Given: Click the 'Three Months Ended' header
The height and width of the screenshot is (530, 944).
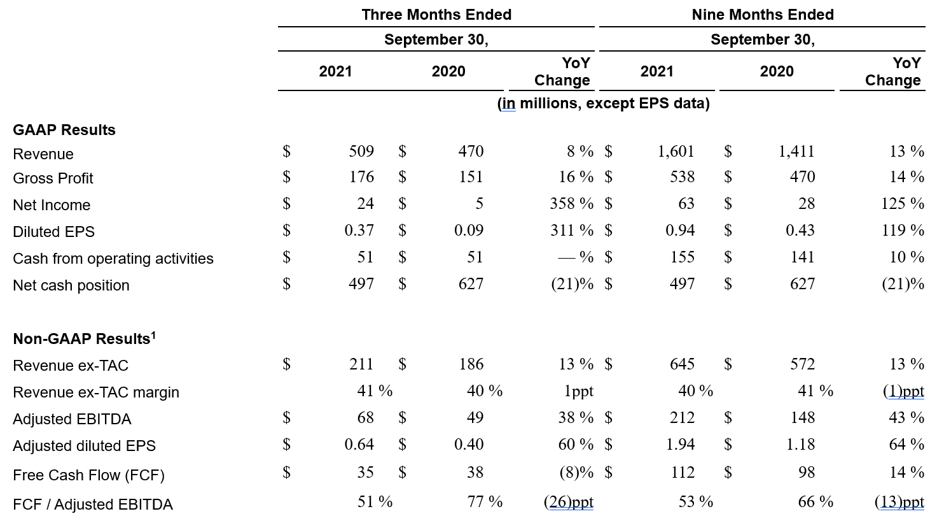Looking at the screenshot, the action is pyautogui.click(x=436, y=15).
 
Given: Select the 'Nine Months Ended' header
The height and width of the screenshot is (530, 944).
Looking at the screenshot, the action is pyautogui.click(x=762, y=15).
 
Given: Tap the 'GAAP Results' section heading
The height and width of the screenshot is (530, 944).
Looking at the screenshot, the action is pyautogui.click(x=64, y=130).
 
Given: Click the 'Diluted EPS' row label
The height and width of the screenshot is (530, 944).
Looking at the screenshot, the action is pyautogui.click(x=54, y=232).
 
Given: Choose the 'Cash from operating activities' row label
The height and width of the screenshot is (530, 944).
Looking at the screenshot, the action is pyautogui.click(x=113, y=259).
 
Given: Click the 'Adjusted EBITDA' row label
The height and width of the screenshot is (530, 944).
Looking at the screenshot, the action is pyautogui.click(x=72, y=419).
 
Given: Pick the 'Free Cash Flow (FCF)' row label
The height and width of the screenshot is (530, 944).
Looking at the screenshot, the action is pyautogui.click(x=89, y=475).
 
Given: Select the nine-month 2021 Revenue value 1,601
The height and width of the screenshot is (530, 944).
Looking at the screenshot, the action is pyautogui.click(x=676, y=151).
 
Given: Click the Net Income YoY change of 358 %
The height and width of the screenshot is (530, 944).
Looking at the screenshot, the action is pyautogui.click(x=571, y=204).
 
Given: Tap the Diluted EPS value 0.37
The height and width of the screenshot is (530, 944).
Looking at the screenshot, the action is pyautogui.click(x=359, y=231).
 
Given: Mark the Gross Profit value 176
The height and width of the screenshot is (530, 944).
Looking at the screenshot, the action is pyautogui.click(x=361, y=177).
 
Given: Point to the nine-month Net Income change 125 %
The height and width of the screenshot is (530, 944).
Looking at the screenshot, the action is pyautogui.click(x=903, y=204).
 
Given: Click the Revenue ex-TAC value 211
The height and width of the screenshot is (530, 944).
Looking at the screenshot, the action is pyautogui.click(x=361, y=364).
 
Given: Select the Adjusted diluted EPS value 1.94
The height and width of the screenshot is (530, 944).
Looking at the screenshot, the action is pyautogui.click(x=680, y=445).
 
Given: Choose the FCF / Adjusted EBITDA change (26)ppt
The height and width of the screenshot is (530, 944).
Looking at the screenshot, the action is pyautogui.click(x=569, y=502).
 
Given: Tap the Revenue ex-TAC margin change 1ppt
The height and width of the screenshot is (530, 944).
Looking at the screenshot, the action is pyautogui.click(x=579, y=391).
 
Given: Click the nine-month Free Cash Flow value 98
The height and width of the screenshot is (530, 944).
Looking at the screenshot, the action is pyautogui.click(x=807, y=472).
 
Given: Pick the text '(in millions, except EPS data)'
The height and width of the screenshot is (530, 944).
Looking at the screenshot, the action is pyautogui.click(x=604, y=103).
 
